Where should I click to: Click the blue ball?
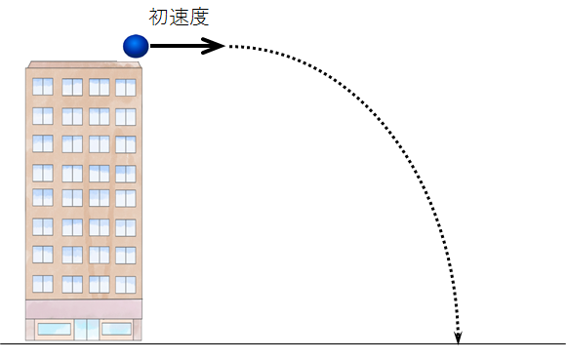(136, 46)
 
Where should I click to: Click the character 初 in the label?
(158, 17)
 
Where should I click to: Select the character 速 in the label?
(179, 17)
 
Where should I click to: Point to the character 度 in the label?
(199, 17)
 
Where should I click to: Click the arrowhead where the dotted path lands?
(458, 338)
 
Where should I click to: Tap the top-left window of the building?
(43, 87)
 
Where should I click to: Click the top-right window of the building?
(126, 88)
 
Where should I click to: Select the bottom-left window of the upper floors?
(43, 284)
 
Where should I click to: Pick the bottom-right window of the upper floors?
(126, 285)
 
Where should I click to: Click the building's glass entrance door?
(87, 330)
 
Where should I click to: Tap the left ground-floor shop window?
(54, 329)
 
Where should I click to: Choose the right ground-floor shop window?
(116, 329)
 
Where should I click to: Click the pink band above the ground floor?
(84, 309)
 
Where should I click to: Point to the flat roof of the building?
(84, 64)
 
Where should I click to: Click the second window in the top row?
(72, 87)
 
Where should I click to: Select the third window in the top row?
(100, 87)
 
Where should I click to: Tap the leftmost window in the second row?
(43, 116)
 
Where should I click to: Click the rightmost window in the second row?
(126, 117)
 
